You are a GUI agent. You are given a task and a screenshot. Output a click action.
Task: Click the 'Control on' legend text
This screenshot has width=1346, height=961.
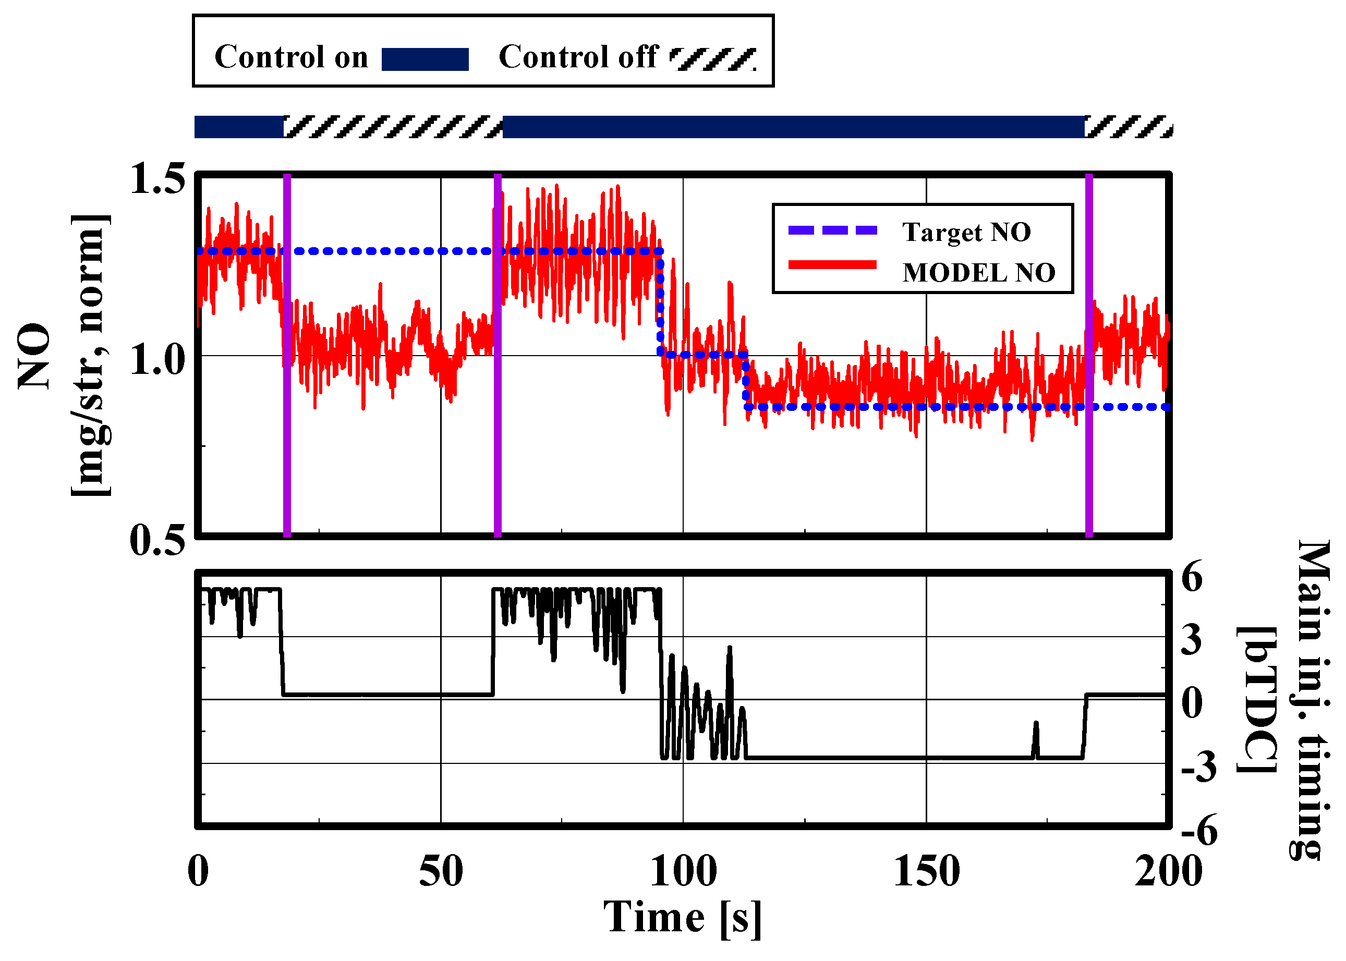291,57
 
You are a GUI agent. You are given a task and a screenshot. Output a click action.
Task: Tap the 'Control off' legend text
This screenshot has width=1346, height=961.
578,57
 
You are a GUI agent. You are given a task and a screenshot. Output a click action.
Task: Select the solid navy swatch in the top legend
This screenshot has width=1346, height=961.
425,59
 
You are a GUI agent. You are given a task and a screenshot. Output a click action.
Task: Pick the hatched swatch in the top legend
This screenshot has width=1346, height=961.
713,59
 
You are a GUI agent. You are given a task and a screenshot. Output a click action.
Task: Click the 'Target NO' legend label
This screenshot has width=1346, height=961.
966,232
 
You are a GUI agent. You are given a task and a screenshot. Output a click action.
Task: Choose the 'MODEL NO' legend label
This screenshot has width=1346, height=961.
978,273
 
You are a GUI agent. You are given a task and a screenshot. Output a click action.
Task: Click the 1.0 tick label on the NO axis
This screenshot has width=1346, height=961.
157,359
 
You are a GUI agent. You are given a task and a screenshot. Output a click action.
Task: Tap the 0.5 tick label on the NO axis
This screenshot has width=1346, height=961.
157,540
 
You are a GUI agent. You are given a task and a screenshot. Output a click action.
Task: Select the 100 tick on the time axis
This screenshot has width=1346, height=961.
683,872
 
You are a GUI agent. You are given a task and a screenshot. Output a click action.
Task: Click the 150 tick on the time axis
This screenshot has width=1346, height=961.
927,872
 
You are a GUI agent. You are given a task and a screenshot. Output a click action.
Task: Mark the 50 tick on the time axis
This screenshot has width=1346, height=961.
441,872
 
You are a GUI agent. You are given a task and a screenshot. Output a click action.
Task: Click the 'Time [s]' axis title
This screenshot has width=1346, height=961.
682,918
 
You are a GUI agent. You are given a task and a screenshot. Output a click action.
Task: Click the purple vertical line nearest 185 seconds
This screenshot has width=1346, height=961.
1088,355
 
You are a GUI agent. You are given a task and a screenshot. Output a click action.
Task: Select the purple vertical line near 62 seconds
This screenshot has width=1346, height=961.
498,355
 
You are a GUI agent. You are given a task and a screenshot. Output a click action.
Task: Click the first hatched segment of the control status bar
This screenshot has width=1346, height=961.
393,127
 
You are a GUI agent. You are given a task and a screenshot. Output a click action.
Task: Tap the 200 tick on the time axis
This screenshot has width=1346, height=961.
1169,872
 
